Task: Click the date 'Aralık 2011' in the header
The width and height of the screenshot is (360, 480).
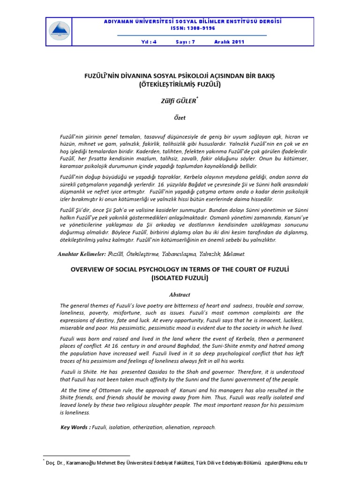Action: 229,42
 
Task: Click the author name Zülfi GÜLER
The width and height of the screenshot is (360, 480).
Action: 179,100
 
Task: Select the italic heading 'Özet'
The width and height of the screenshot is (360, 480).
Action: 180,120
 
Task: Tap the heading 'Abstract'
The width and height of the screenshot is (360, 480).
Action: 180,295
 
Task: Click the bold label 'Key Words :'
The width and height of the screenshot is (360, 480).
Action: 75,427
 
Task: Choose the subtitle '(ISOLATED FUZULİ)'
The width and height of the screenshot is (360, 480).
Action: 180,278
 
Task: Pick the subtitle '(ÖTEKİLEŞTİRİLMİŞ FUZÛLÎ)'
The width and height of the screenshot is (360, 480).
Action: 180,84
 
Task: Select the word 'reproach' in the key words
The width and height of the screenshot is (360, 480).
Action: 204,427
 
